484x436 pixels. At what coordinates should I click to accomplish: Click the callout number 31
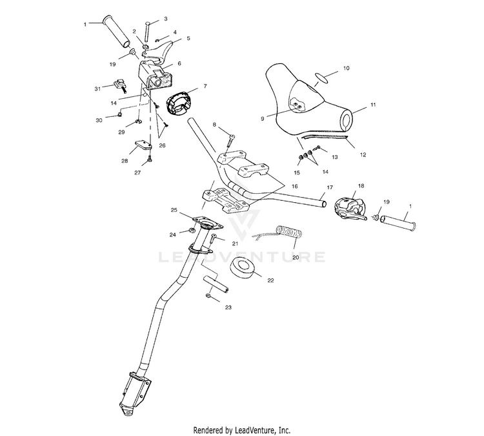[97, 88]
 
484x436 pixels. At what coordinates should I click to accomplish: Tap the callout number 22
[270, 280]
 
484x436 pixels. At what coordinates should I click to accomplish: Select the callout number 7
[205, 86]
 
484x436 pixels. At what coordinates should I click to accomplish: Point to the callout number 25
[174, 210]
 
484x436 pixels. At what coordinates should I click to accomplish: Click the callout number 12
[363, 154]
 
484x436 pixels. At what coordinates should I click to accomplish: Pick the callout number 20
[296, 258]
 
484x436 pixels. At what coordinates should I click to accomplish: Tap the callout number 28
[125, 161]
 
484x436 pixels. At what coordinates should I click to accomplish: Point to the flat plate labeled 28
[143, 145]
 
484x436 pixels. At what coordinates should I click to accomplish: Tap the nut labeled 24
[192, 231]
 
